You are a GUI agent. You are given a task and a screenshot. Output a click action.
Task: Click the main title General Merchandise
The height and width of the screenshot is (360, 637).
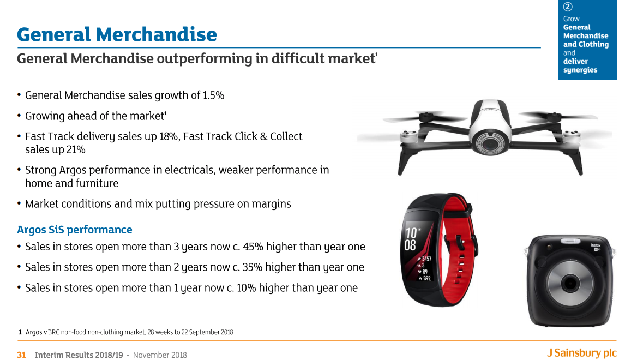click(x=117, y=34)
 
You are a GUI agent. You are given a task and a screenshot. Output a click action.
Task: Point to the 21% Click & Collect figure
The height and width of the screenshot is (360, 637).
click(x=76, y=150)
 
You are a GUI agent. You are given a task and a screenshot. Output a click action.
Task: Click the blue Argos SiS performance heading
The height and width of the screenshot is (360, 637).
click(x=74, y=230)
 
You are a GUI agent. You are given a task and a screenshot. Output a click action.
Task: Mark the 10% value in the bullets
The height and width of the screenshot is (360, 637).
click(x=246, y=288)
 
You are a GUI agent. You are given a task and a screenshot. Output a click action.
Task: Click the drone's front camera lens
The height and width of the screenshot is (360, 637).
click(x=490, y=143)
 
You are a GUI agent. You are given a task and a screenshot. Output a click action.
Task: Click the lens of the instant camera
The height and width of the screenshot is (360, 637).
click(x=569, y=283)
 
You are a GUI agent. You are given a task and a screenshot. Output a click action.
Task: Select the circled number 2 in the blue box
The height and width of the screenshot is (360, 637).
click(x=568, y=7)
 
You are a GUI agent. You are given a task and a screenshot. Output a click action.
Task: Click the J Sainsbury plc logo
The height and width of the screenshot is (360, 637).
click(x=581, y=353)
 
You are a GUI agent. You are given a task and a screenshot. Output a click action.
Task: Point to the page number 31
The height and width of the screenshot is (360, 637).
click(x=21, y=355)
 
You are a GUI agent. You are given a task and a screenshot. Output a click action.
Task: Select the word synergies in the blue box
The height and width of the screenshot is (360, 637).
click(x=580, y=70)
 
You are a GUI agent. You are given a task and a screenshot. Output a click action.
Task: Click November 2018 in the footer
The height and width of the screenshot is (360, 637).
click(x=160, y=355)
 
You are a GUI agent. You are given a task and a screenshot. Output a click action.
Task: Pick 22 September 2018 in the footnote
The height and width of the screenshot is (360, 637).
click(x=207, y=332)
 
